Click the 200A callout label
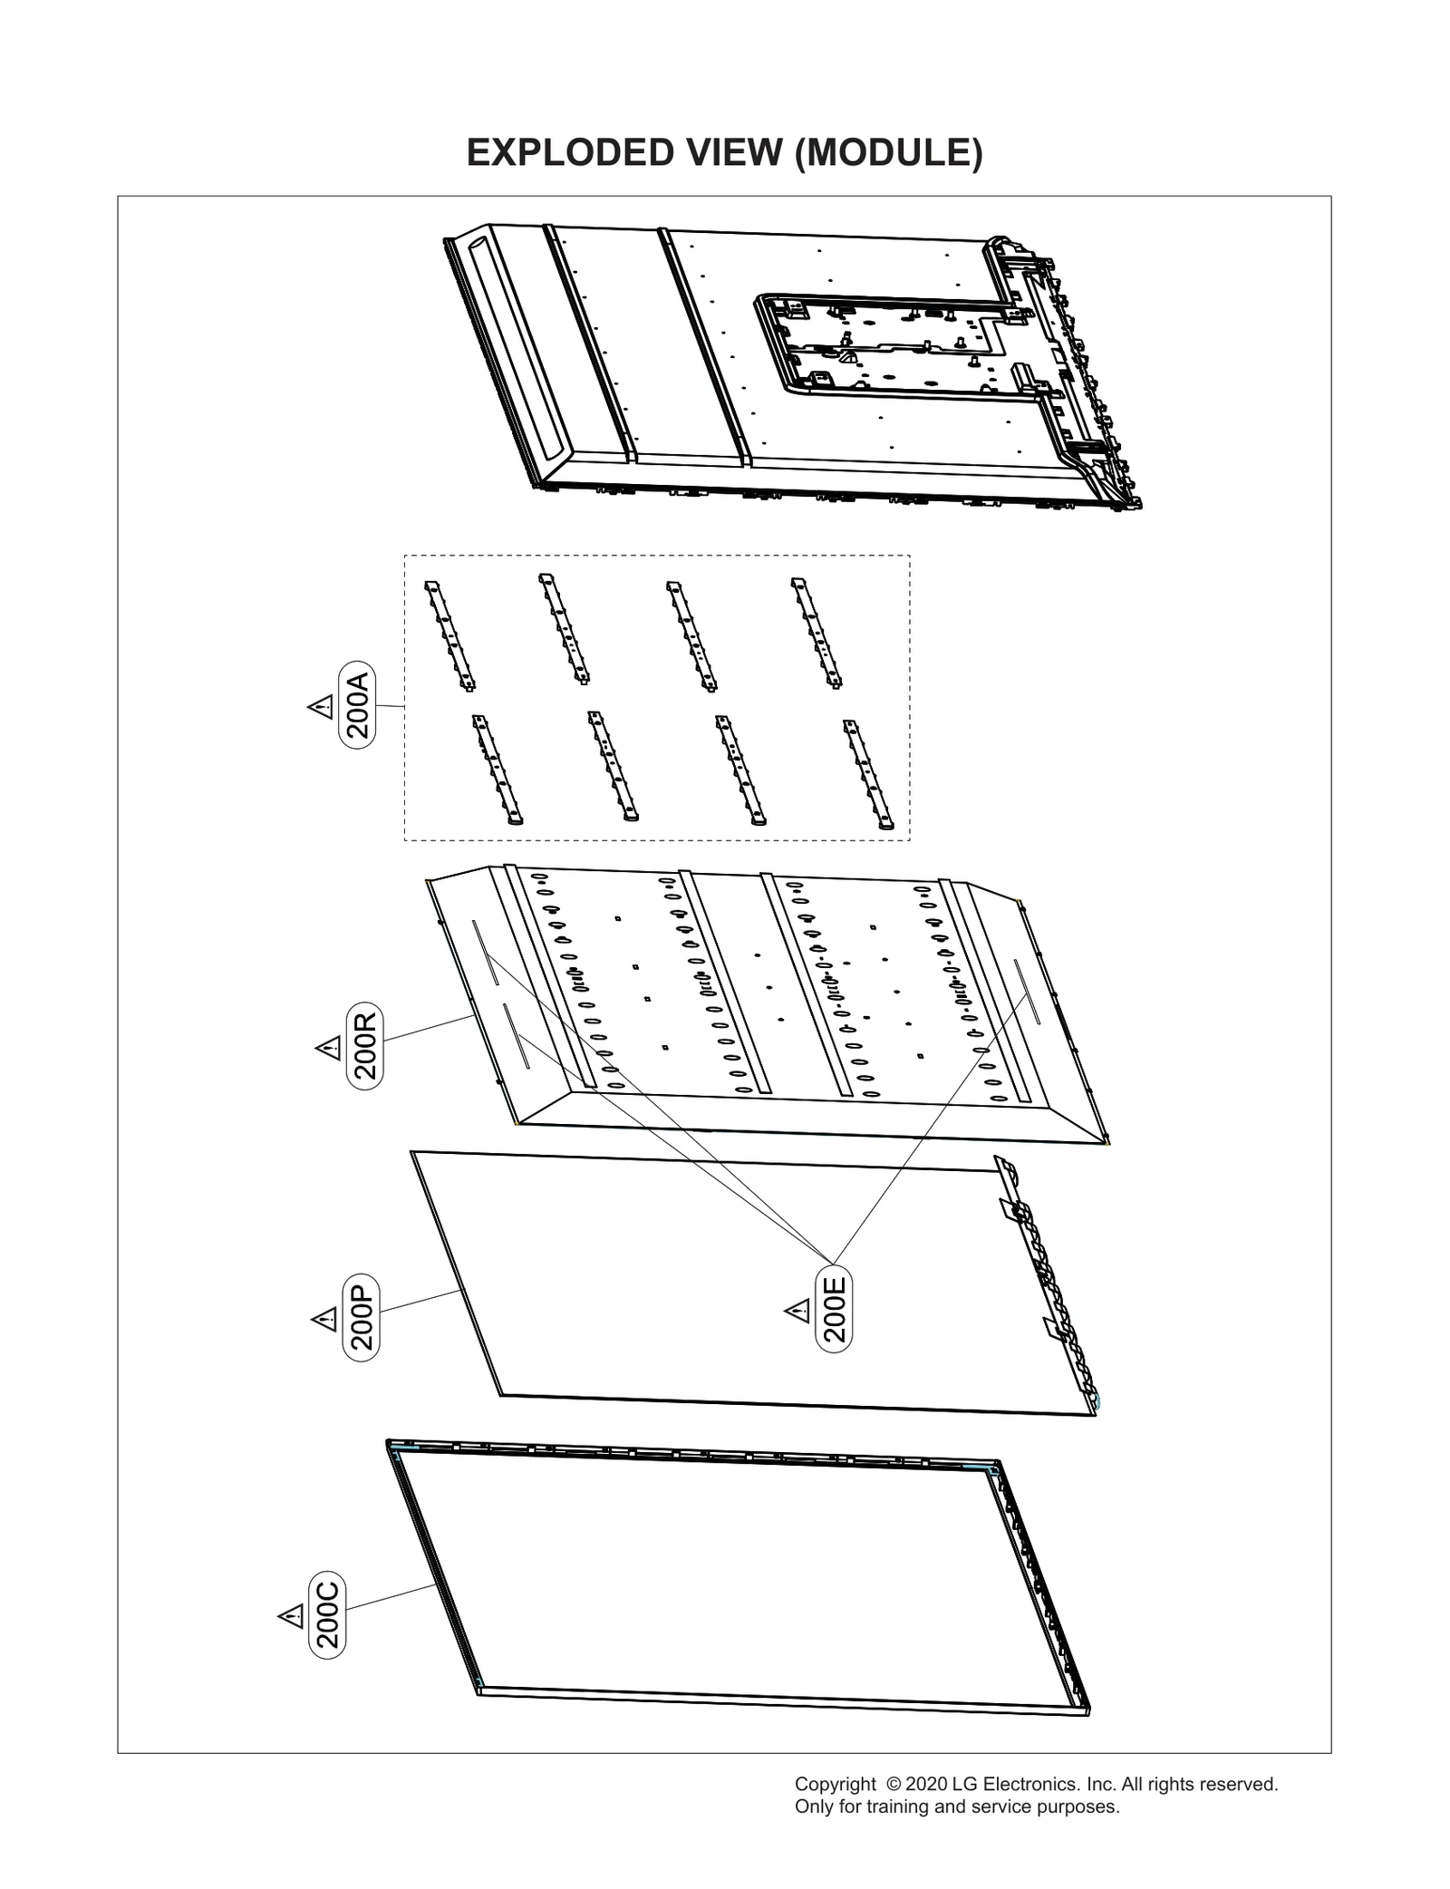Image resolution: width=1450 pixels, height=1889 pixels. click(357, 704)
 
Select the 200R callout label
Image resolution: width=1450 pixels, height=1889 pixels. click(365, 1045)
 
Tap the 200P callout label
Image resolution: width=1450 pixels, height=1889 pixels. click(362, 1317)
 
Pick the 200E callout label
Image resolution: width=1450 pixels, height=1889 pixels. click(834, 1308)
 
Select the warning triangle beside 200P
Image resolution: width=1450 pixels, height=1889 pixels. click(324, 1319)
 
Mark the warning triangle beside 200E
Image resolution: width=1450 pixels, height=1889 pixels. click(797, 1311)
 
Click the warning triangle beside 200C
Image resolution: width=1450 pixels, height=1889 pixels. click(290, 1616)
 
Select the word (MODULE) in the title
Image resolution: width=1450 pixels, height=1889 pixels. click(887, 153)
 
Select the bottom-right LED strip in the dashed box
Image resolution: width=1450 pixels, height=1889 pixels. click(869, 775)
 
